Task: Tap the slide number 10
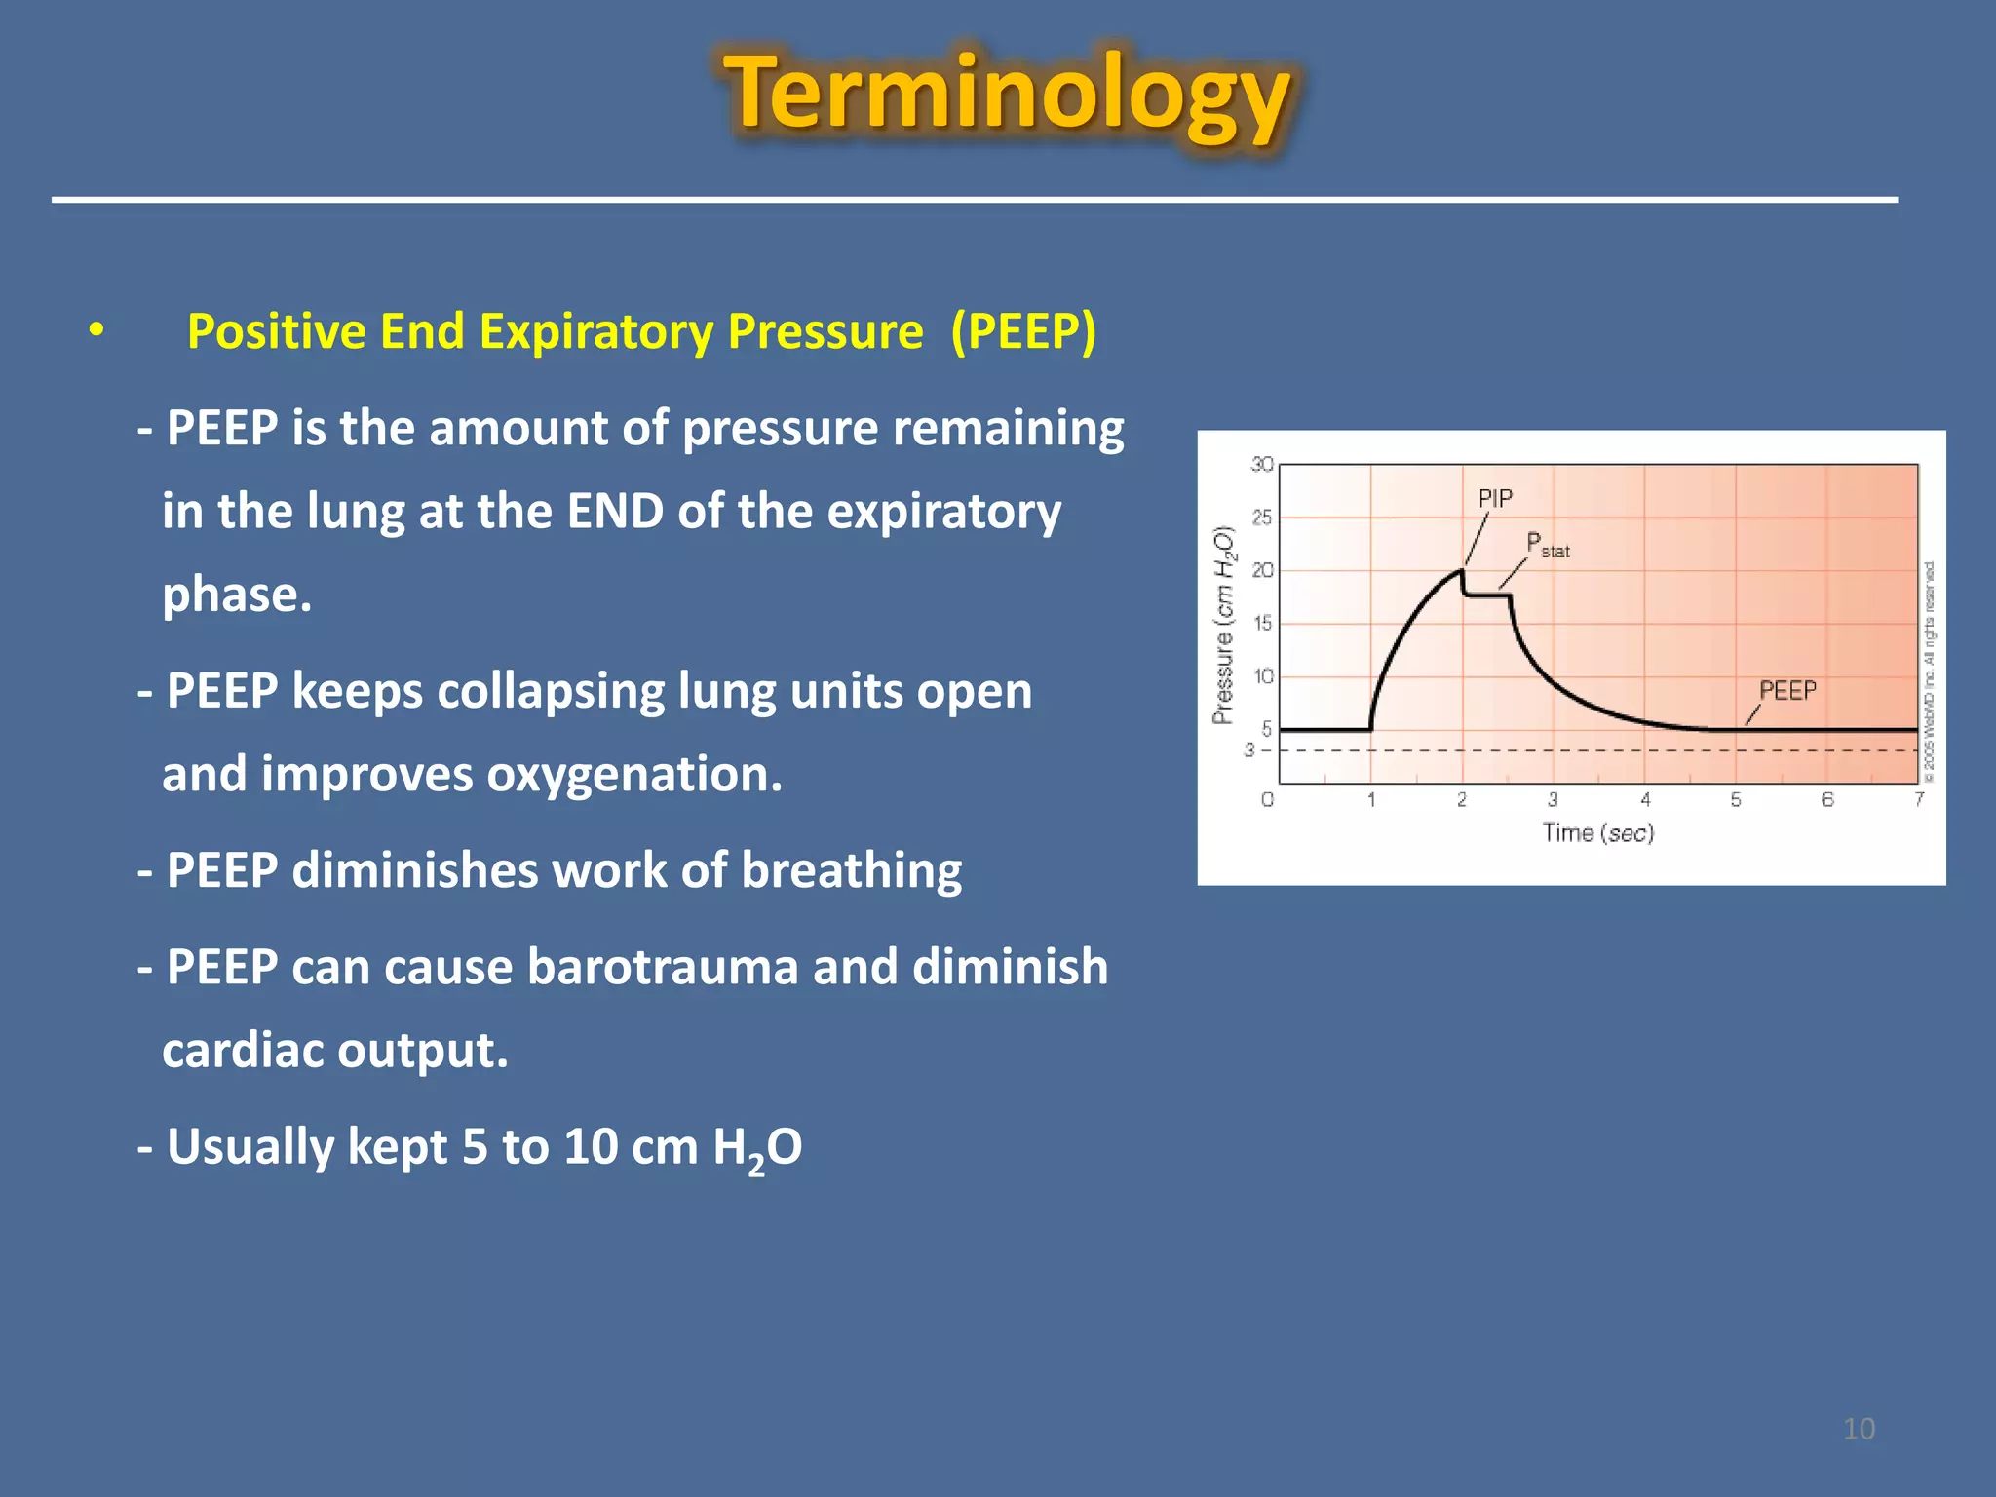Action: (x=1859, y=1429)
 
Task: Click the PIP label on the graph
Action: (x=1495, y=498)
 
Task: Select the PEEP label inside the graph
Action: (x=1787, y=690)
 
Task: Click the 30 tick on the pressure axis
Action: (x=1262, y=465)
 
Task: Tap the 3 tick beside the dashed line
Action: (x=1249, y=749)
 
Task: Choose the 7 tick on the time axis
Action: (x=1919, y=799)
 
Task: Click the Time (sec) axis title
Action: (x=1597, y=833)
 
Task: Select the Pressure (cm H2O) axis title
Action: (x=1224, y=625)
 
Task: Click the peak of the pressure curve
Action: (x=1461, y=571)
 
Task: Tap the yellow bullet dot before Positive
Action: (x=96, y=330)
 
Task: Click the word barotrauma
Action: (x=663, y=967)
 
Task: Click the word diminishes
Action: (x=414, y=869)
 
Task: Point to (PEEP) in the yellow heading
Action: (x=1023, y=331)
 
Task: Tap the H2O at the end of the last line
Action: (x=757, y=1147)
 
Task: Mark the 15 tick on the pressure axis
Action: (x=1262, y=623)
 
